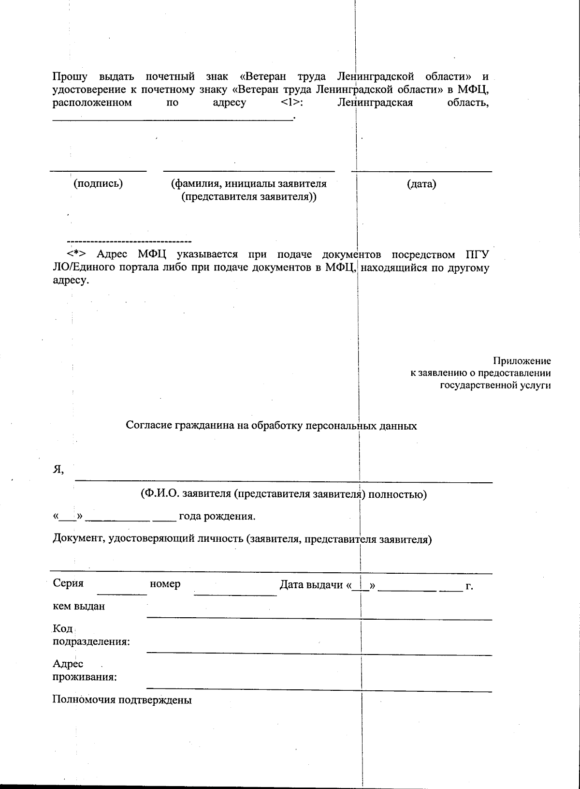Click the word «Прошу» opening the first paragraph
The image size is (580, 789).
point(70,77)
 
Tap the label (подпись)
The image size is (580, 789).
point(98,184)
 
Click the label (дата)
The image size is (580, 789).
point(421,184)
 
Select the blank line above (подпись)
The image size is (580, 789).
point(99,171)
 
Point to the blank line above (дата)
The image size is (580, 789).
point(421,171)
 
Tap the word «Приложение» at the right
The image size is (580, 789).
point(522,361)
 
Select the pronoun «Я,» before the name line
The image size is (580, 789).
point(58,470)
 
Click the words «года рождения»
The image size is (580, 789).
point(217,516)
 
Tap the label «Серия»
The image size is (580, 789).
point(68,583)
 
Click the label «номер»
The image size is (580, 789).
point(165,584)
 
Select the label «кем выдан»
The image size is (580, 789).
point(79,606)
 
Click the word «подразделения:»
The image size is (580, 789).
point(91,642)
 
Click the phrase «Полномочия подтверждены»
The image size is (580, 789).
point(122,700)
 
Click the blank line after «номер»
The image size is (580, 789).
point(235,595)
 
